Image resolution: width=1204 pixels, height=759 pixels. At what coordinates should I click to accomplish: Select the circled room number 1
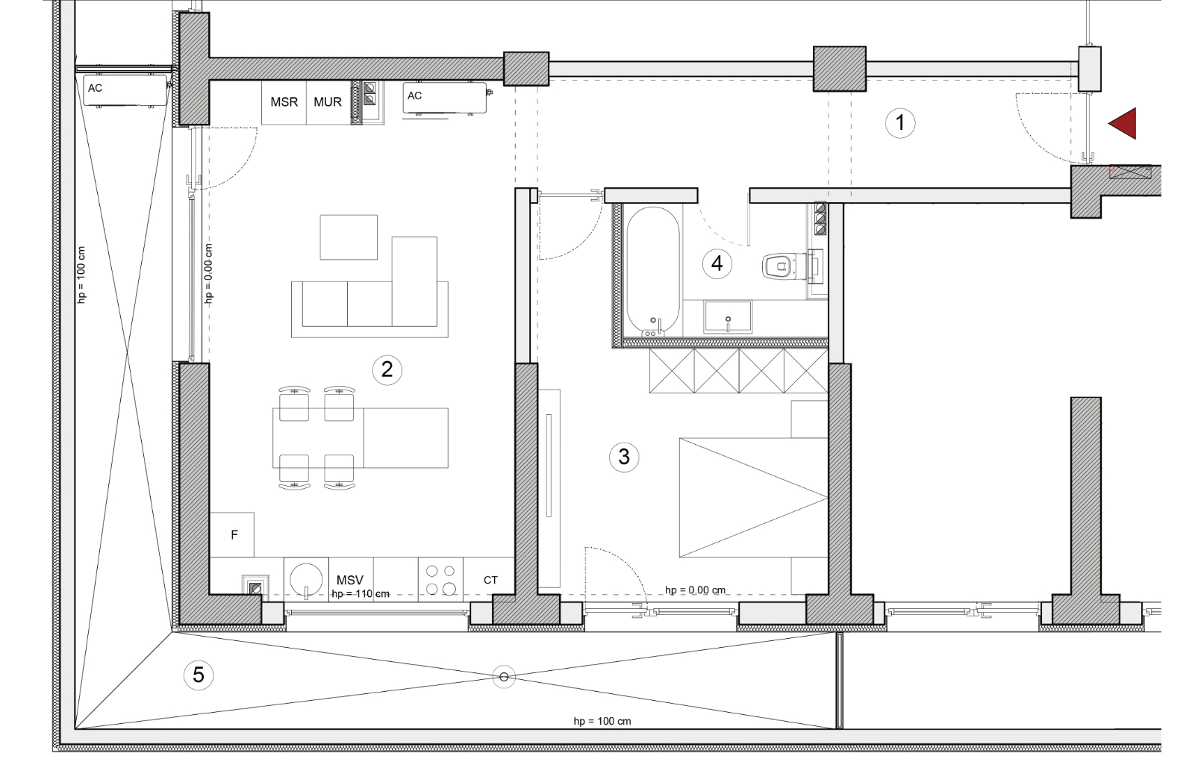pos(900,123)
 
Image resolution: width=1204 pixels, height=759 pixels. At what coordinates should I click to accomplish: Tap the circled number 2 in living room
pos(387,370)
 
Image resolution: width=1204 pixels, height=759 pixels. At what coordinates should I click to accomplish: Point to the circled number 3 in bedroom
pos(624,457)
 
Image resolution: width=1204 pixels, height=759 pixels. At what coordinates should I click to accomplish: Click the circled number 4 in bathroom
pos(717,264)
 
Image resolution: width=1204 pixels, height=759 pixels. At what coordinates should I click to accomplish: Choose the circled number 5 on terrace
pos(199,675)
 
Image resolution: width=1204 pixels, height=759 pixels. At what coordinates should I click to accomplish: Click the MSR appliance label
pos(284,101)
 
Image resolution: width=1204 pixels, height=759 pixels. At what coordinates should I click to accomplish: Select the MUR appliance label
pos(328,101)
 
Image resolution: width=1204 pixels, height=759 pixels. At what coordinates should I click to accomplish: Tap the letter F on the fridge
pos(234,535)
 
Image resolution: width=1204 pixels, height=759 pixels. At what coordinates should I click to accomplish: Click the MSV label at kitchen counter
pos(350,580)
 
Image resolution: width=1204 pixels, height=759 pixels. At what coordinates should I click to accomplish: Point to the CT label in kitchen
pos(490,580)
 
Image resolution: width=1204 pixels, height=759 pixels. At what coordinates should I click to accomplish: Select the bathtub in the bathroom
pos(653,272)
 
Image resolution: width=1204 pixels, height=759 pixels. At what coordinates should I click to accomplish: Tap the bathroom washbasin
pos(728,317)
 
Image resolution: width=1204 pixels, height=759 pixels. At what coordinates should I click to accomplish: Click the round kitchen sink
pos(306,581)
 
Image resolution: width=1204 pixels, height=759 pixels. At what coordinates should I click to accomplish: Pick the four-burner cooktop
pos(440,579)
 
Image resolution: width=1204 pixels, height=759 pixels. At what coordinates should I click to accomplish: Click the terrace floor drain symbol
pos(504,677)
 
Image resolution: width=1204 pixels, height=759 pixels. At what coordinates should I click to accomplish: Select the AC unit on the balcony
pos(125,91)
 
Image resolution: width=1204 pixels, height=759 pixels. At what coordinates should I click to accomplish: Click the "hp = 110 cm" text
pos(360,593)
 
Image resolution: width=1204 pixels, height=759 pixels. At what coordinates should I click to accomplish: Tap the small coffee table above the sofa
pos(349,237)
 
